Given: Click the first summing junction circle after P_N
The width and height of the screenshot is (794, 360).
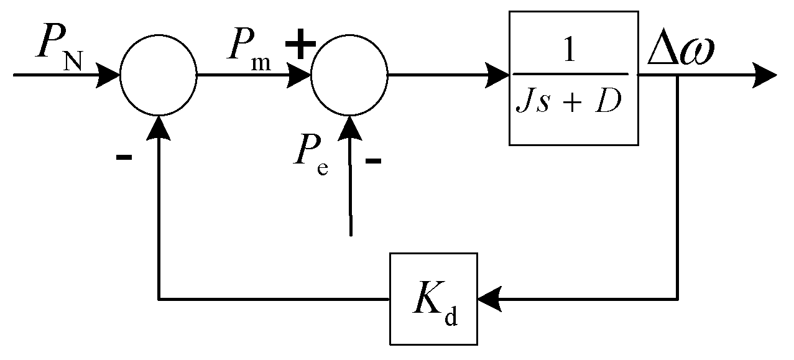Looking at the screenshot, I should click(159, 76).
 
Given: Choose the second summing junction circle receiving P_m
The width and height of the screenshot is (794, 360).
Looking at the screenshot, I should click(349, 76).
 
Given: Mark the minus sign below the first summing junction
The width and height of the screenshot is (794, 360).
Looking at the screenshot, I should click(124, 157).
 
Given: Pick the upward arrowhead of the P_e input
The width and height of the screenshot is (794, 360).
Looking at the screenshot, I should click(350, 127).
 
